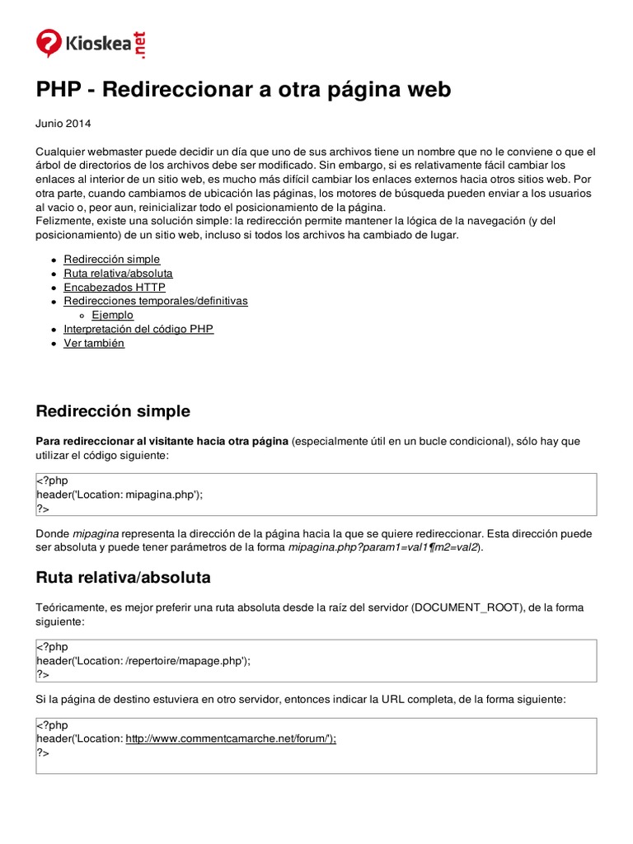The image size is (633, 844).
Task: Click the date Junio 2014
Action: [63, 124]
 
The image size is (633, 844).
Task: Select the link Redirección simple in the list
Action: [111, 259]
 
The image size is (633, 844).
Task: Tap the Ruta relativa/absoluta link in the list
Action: [118, 273]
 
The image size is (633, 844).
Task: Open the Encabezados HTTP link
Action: [114, 287]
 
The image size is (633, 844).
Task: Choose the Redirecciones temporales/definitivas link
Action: [155, 301]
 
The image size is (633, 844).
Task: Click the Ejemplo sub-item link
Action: [112, 315]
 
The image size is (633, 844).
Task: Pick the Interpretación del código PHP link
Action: [138, 329]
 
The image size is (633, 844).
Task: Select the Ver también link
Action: [94, 343]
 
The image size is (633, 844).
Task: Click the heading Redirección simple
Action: [113, 410]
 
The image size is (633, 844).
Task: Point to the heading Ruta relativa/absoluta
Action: [123, 576]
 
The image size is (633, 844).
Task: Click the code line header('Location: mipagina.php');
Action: [120, 495]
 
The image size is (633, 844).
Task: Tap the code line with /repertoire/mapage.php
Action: [143, 660]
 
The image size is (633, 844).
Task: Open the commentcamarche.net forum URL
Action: [231, 739]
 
